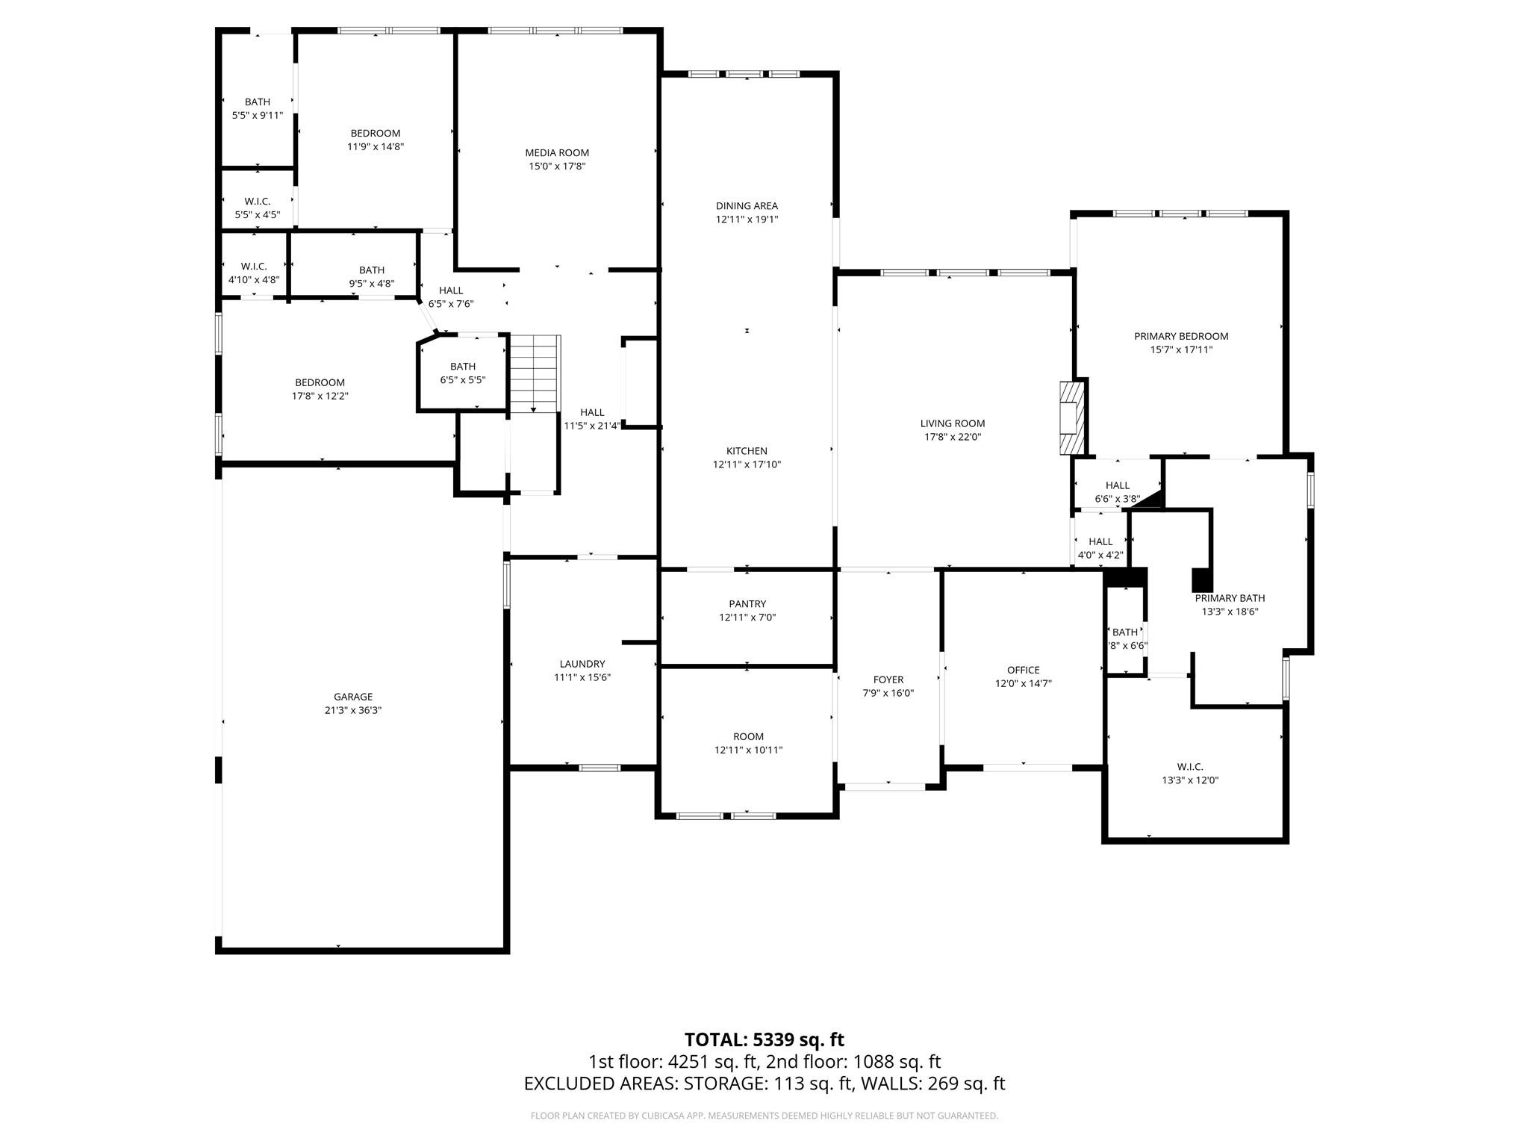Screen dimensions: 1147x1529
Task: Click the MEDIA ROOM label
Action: click(x=557, y=153)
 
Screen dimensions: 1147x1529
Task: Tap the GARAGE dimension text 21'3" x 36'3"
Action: click(x=353, y=710)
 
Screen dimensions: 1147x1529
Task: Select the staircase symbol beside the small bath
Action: click(x=535, y=373)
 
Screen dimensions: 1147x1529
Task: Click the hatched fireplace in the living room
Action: click(x=1071, y=417)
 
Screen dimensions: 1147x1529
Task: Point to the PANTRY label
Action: click(x=747, y=604)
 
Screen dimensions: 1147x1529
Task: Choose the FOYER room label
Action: click(x=888, y=680)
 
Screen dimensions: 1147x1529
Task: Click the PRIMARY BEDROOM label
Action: click(x=1180, y=336)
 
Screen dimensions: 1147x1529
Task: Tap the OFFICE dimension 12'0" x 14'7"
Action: click(x=1023, y=683)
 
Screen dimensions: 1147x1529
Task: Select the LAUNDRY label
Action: click(x=582, y=664)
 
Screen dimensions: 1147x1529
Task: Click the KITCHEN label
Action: click(x=747, y=451)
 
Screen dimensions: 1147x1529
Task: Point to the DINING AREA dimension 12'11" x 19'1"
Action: click(x=747, y=220)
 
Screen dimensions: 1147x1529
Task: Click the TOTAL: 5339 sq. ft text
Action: click(x=764, y=1039)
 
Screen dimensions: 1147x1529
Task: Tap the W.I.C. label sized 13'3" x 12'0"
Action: click(x=1190, y=767)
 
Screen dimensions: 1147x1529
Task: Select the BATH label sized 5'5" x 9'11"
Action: click(x=258, y=102)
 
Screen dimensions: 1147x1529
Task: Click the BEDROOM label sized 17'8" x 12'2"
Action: click(x=320, y=383)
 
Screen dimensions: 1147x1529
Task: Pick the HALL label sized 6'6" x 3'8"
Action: click(x=1117, y=485)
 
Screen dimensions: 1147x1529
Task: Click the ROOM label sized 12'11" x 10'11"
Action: click(x=748, y=736)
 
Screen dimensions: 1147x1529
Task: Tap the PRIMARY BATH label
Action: click(x=1230, y=598)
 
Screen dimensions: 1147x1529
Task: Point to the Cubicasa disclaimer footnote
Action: click(x=764, y=1116)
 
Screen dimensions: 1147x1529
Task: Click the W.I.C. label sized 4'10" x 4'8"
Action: click(x=254, y=267)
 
